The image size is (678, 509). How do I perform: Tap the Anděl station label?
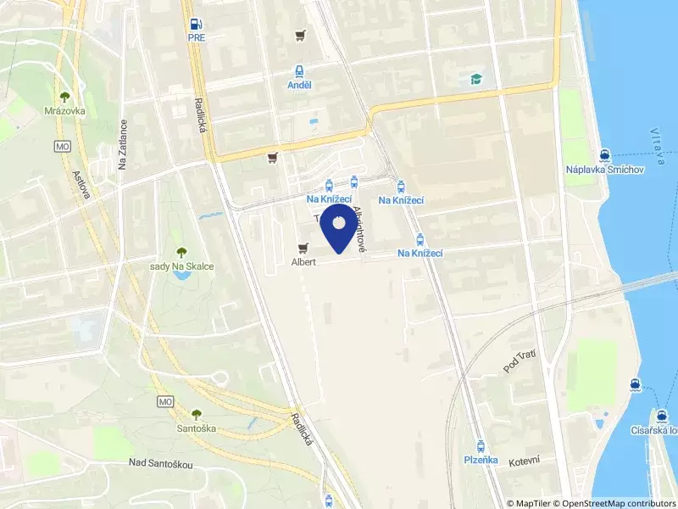(x=298, y=85)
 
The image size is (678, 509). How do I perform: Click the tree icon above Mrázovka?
(x=65, y=97)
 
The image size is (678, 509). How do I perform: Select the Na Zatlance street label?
(x=123, y=144)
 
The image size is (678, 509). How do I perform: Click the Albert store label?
(x=303, y=262)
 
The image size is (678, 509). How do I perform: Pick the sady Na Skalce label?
(x=181, y=266)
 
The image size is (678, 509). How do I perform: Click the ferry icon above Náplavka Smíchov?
(x=605, y=155)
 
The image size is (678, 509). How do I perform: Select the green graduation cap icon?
(x=476, y=80)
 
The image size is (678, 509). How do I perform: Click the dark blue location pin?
(x=339, y=227)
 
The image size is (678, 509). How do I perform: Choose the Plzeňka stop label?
(x=481, y=460)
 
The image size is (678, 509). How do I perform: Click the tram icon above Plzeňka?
(x=481, y=445)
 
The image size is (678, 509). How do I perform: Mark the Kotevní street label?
(x=525, y=460)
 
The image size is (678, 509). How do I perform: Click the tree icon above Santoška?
(x=197, y=414)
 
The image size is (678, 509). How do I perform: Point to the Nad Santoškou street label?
(x=161, y=462)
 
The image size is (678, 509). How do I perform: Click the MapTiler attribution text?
(x=531, y=503)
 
